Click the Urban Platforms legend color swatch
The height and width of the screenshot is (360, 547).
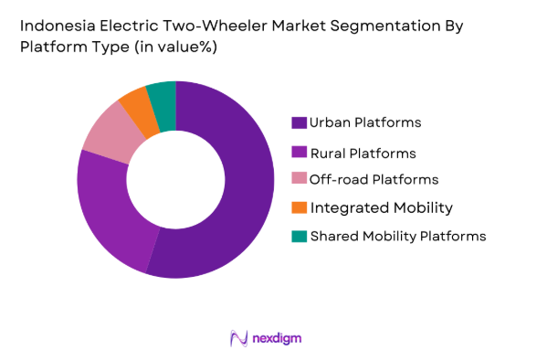point(299,122)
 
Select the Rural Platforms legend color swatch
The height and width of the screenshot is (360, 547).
point(299,152)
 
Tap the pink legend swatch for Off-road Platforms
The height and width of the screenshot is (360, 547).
point(299,179)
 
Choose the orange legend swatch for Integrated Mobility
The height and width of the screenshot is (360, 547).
point(299,207)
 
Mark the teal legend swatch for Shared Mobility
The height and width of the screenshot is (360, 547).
point(299,236)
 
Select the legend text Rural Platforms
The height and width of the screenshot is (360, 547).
point(363,152)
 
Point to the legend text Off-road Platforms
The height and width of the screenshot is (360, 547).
point(373,179)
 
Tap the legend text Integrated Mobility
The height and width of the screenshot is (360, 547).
point(381,207)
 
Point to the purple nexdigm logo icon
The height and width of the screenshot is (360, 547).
point(239,339)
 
